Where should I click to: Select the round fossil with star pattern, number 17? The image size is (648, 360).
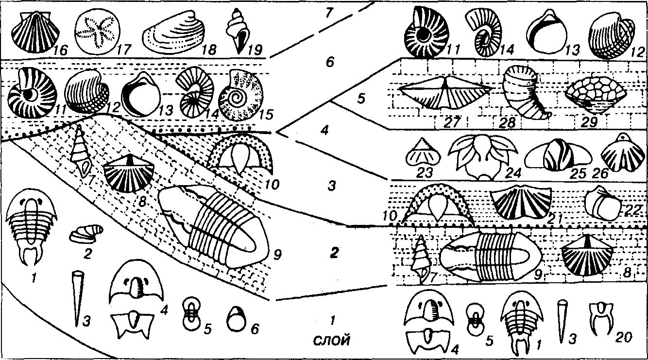point(97,33)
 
